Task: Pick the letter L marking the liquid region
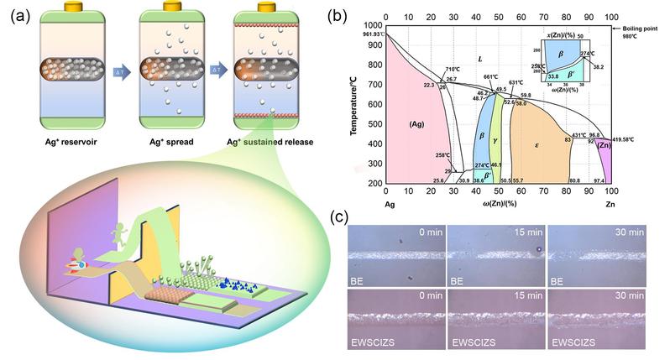(x=479, y=59)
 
